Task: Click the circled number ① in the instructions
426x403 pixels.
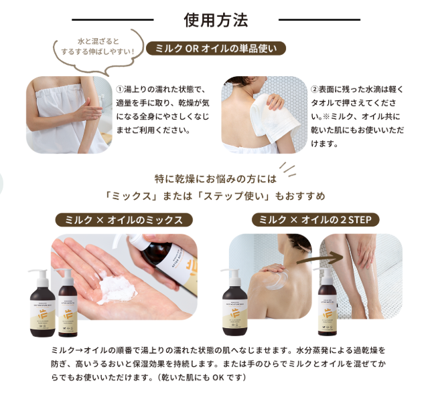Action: [121, 89]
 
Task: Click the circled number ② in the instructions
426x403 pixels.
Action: [315, 89]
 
